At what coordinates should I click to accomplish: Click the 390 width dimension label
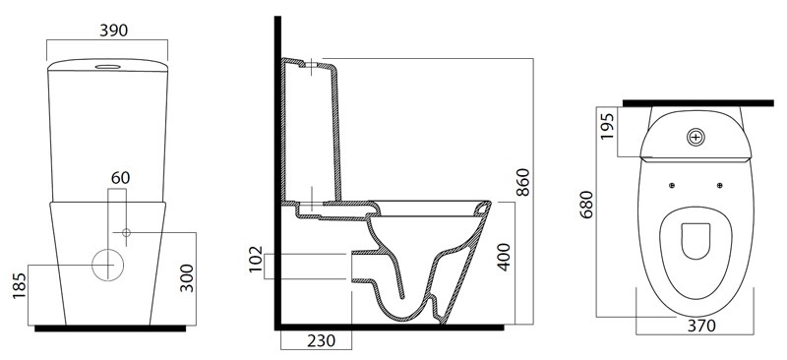click(x=113, y=30)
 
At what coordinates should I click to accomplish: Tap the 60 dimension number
click(x=120, y=178)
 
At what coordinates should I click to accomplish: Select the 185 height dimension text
click(x=19, y=286)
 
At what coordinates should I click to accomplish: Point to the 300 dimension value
click(x=187, y=278)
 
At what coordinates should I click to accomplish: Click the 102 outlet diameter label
click(x=256, y=259)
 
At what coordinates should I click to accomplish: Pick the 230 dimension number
click(x=321, y=341)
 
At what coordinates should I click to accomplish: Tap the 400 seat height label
click(x=504, y=257)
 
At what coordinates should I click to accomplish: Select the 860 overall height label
click(x=522, y=183)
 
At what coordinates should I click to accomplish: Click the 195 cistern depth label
click(x=607, y=127)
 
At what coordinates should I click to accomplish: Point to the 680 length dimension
click(x=586, y=205)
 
